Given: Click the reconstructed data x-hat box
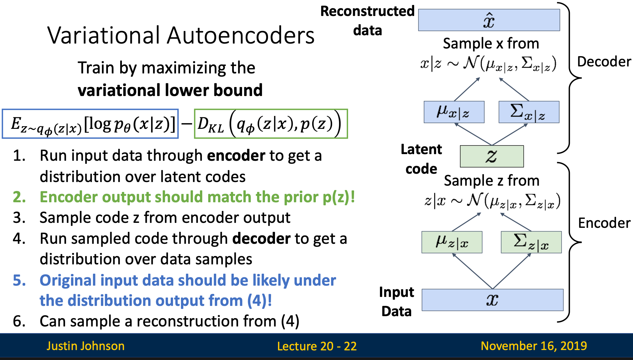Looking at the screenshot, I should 489,20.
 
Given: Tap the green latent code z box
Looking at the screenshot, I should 492,156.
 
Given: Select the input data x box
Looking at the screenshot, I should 492,300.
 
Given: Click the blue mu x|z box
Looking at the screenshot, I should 454,112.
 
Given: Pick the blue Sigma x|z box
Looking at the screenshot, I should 529,112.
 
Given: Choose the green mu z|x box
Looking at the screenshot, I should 452,242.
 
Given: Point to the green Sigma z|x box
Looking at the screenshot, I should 531,242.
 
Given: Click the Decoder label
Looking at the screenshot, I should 604,62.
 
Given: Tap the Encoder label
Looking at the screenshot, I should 604,223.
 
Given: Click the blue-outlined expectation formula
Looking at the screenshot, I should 90,124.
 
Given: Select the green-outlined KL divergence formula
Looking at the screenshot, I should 271,124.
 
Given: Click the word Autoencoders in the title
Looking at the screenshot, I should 240,36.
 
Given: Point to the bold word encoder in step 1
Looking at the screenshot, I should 236,156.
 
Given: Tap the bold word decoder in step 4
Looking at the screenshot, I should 261,238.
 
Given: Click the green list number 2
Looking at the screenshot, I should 19,197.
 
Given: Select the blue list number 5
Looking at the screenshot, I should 19,280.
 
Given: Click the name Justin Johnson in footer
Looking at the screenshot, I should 85,346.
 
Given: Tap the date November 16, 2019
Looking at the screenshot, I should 534,346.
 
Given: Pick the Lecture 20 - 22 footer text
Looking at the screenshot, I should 316,346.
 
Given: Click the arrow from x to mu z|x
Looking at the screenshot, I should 472,271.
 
